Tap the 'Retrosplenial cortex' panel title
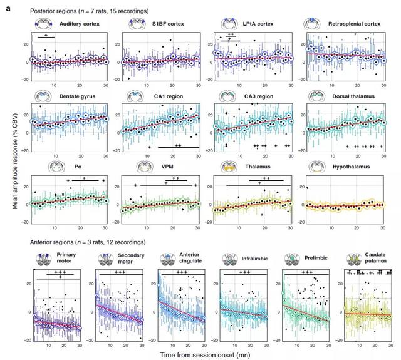(355, 24)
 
